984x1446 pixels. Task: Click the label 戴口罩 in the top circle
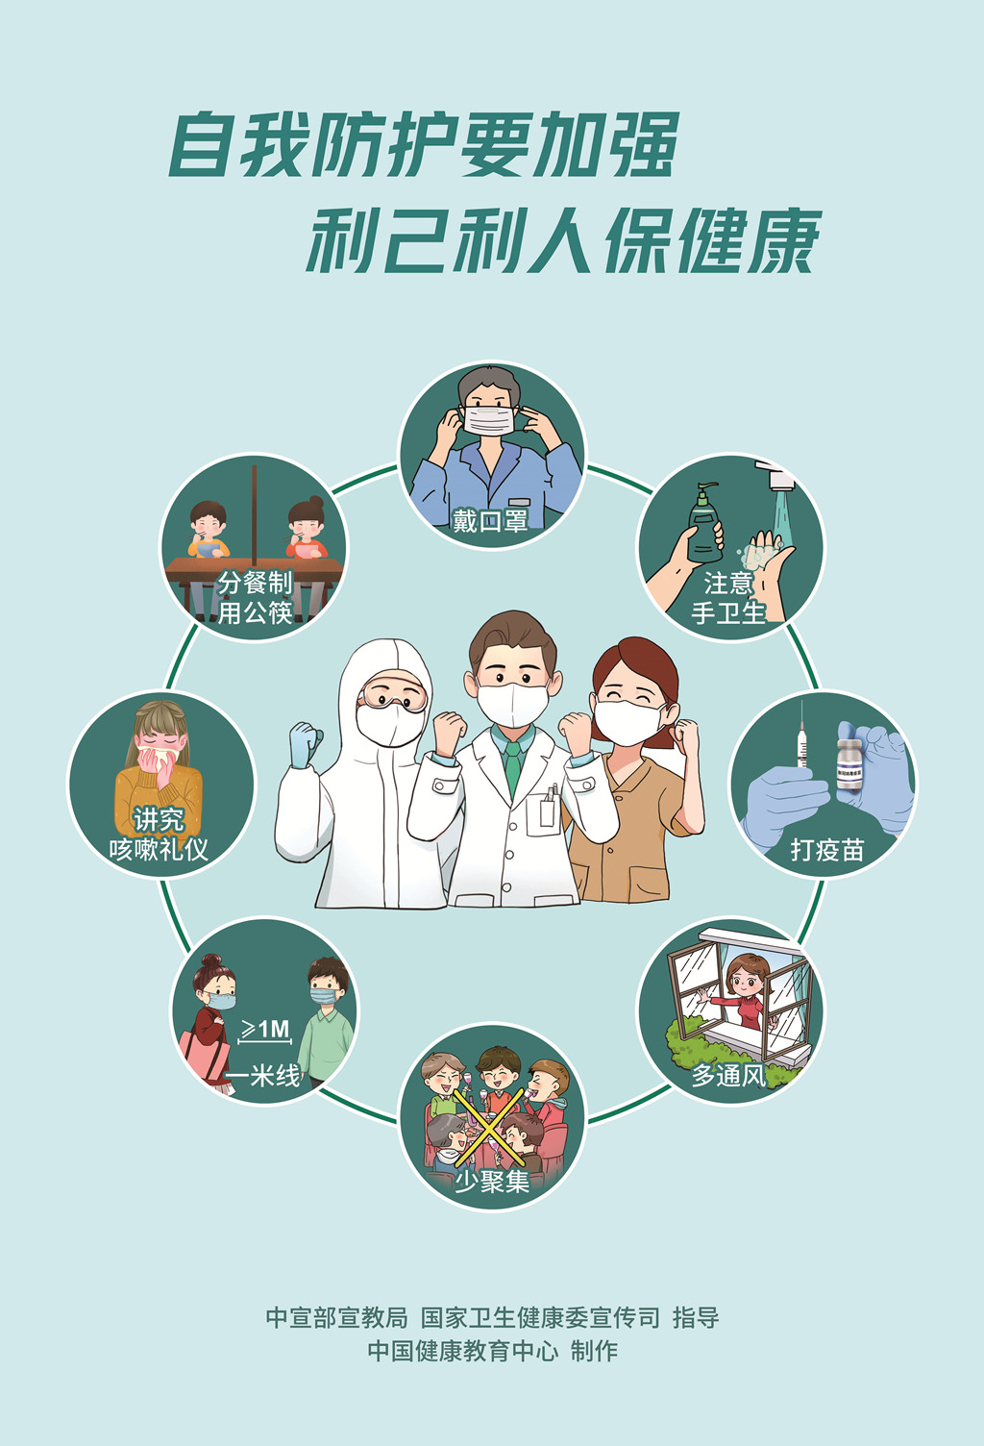490,521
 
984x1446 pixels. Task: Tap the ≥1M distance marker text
265,1030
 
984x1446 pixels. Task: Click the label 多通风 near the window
728,1075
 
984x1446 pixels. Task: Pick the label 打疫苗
826,849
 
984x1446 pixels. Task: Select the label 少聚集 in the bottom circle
491,1181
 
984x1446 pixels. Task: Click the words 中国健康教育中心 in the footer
462,1351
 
